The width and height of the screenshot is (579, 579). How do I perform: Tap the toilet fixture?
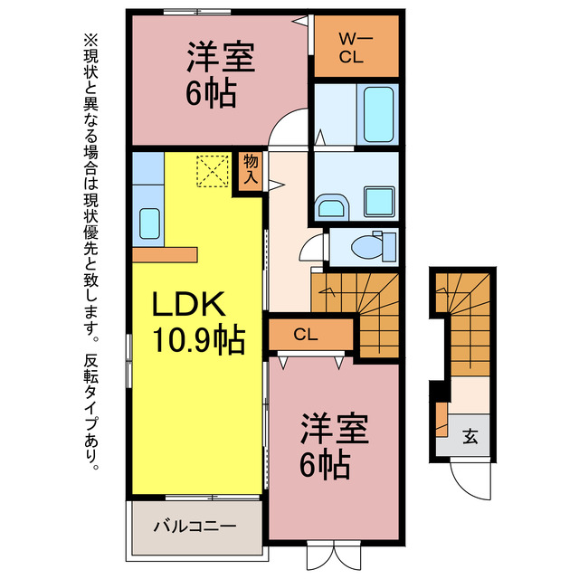(373, 244)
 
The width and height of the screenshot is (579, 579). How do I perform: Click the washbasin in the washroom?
(330, 207)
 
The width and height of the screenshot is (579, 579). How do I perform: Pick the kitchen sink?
(148, 221)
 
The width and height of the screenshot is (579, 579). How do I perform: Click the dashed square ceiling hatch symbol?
(212, 169)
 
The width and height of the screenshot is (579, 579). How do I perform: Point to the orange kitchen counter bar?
(164, 254)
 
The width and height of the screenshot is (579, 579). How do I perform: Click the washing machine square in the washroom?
(375, 198)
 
